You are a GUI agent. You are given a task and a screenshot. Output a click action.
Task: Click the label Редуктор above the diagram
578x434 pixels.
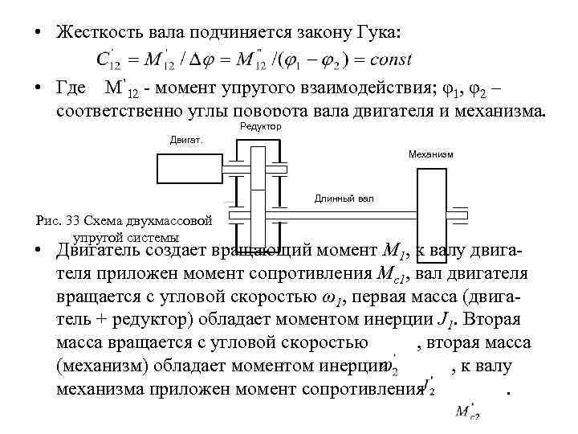coord(260,127)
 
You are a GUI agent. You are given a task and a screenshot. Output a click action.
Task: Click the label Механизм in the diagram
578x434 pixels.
coord(430,153)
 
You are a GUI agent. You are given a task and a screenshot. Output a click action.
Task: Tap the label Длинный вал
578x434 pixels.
coord(343,198)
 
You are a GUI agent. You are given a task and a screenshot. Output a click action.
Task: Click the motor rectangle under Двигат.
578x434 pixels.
coord(188,168)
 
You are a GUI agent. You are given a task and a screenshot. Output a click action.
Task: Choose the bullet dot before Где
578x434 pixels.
coord(38,87)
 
